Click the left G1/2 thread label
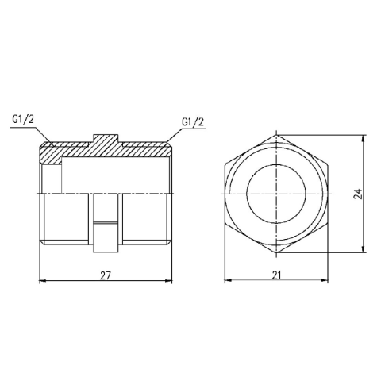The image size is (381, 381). point(23,120)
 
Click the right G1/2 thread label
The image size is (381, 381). point(193,122)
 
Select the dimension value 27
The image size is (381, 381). point(106,275)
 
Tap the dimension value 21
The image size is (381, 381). point(276,275)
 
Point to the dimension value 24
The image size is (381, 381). point(357,194)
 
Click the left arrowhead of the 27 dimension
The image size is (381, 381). point(43,280)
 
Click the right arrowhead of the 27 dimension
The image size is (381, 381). point(168,280)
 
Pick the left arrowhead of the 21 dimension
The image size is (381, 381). point(228,280)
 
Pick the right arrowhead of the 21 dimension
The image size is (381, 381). point(325,280)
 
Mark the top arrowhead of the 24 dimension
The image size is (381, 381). point(364,139)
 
